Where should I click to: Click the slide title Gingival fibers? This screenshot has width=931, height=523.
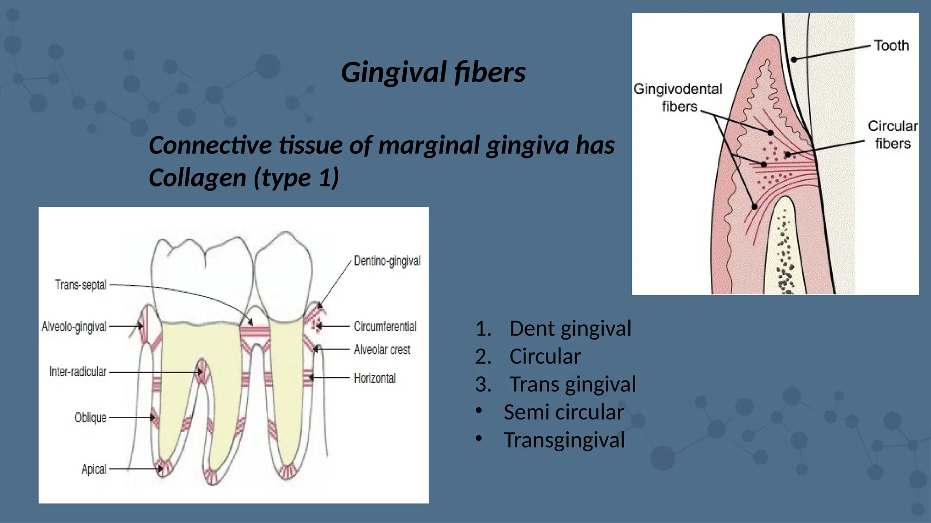(433, 73)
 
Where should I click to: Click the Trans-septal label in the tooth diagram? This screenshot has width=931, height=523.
(81, 285)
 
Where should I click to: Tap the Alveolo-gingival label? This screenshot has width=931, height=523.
(74, 326)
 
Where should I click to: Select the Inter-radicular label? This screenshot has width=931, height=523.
(78, 371)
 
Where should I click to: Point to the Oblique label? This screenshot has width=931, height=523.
(90, 417)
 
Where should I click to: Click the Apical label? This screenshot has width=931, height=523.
(94, 469)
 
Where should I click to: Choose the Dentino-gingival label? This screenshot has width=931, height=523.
(387, 261)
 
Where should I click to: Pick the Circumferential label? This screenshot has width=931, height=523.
(385, 326)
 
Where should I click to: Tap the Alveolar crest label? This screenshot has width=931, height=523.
(382, 350)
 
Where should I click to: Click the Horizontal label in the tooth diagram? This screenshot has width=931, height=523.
(375, 378)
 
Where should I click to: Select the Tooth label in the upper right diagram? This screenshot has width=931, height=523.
(891, 45)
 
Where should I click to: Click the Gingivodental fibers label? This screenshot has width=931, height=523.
(678, 97)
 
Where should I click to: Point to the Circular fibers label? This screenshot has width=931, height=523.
(893, 134)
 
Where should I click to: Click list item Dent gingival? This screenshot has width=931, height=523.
(570, 328)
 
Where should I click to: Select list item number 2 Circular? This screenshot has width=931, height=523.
(545, 356)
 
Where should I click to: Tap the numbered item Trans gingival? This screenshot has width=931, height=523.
(572, 384)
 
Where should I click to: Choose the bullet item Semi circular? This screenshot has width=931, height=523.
(564, 412)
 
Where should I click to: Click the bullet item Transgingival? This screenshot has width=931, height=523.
(564, 440)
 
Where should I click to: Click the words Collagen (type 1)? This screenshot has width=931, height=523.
(244, 178)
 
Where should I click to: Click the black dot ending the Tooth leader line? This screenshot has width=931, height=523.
(794, 59)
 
